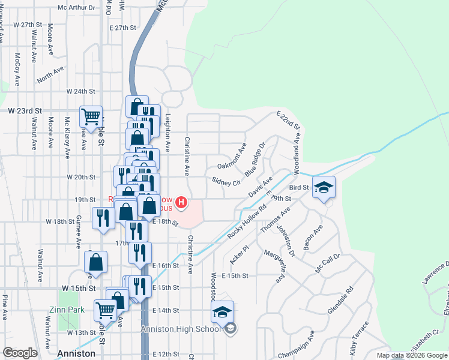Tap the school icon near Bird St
point(324,187)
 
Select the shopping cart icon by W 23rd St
point(91,116)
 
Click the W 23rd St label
point(25,111)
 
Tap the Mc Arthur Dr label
point(76,8)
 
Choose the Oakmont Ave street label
point(232,156)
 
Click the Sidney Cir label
point(226,181)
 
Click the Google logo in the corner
point(20,353)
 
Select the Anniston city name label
point(76,353)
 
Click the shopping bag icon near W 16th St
point(95,262)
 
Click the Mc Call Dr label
point(328,263)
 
